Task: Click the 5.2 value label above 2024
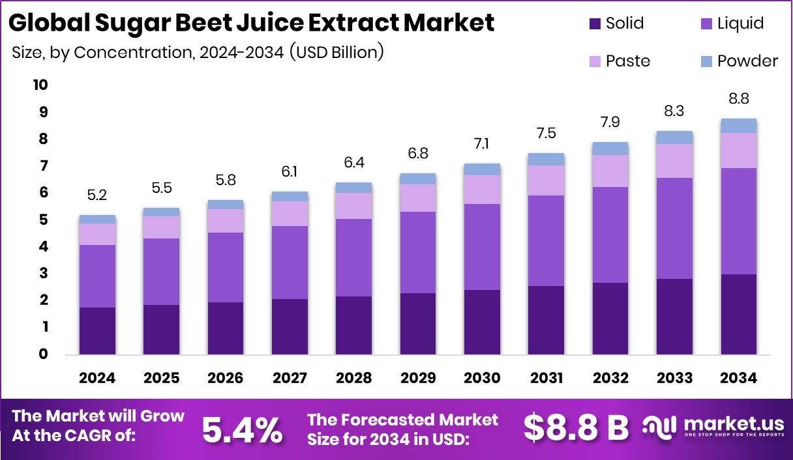point(97,194)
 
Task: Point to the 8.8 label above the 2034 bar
point(738,98)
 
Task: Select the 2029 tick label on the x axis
point(417,379)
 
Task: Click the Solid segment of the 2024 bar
point(97,331)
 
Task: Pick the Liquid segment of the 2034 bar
point(738,221)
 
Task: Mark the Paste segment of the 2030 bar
point(482,189)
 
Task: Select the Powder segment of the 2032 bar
point(610,148)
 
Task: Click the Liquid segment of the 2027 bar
point(290,262)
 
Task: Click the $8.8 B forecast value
point(576,427)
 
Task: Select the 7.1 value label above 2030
point(482,143)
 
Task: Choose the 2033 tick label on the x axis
point(674,379)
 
